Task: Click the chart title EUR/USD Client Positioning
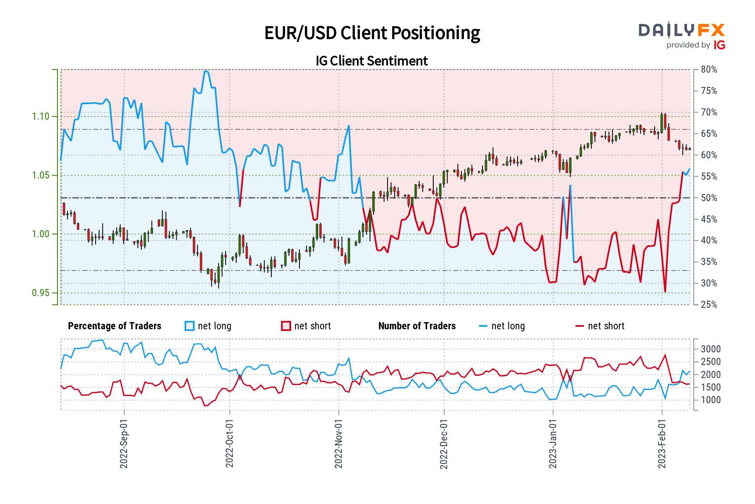pos(372,33)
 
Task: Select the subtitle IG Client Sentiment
pos(372,61)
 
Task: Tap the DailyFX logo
pos(682,36)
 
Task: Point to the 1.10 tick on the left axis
pos(41,116)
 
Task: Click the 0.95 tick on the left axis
pos(41,293)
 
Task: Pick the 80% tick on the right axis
pos(709,69)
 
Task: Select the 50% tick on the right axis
pos(709,198)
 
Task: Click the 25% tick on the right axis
pos(709,304)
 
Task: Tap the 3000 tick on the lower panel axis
pos(711,349)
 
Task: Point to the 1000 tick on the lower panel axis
pos(711,400)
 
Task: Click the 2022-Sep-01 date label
pos(124,444)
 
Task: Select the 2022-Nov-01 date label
pos(338,444)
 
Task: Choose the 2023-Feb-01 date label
pos(662,444)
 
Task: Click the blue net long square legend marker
pos(190,326)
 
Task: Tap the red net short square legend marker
pos(286,326)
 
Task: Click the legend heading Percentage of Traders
pos(115,326)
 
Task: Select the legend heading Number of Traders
pos(417,326)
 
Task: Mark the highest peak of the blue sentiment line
pos(205,71)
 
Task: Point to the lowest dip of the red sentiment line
pos(665,292)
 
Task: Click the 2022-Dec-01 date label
pos(444,444)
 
